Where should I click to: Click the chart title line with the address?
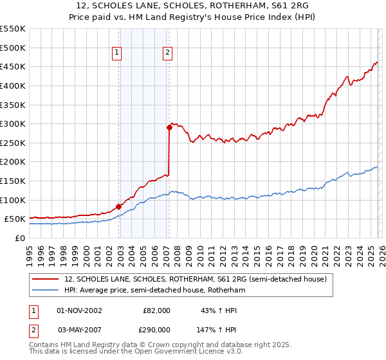coord(193,6)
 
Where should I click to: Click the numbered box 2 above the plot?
coord(167,53)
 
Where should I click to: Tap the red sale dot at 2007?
coord(169,127)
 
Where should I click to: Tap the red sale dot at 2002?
coord(118,206)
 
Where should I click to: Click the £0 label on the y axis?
coord(19,238)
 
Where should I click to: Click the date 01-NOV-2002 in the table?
coord(79,310)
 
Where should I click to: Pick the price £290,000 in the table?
coord(156,329)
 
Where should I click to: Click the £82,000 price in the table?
coord(156,310)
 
